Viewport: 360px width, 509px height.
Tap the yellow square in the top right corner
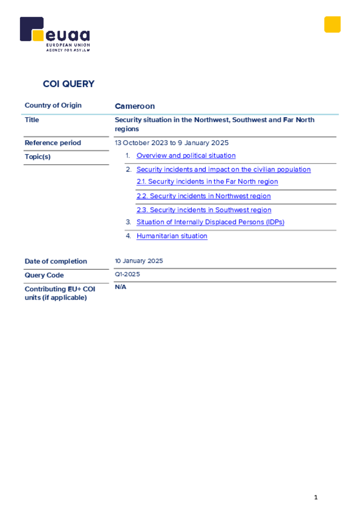pyautogui.click(x=332, y=24)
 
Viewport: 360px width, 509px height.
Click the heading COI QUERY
pyautogui.click(x=69, y=84)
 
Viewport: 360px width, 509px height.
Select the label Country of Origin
pyautogui.click(x=53, y=105)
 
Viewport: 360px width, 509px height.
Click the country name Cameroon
pyautogui.click(x=135, y=106)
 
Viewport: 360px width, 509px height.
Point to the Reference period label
pyautogui.click(x=53, y=143)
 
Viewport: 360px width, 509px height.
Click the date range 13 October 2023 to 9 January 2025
pyautogui.click(x=172, y=143)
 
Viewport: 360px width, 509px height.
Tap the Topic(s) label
pyautogui.click(x=38, y=157)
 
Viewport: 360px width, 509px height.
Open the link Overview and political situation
pyautogui.click(x=186, y=156)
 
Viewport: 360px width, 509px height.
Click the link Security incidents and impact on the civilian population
pyautogui.click(x=223, y=170)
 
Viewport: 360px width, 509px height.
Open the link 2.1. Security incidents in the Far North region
pyautogui.click(x=207, y=182)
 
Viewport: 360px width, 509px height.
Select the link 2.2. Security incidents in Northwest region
pyautogui.click(x=203, y=196)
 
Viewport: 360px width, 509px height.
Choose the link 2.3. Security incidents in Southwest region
pyautogui.click(x=203, y=210)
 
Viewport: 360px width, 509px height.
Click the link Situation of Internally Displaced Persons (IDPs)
pyautogui.click(x=210, y=222)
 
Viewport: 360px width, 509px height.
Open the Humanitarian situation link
pyautogui.click(x=172, y=236)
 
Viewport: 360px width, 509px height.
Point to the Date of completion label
pyautogui.click(x=56, y=261)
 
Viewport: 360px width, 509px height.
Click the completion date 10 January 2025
pyautogui.click(x=139, y=261)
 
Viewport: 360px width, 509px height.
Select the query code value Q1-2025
pyautogui.click(x=127, y=274)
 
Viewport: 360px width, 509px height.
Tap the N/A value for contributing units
pyautogui.click(x=120, y=287)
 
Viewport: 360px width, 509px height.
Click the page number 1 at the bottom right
pyautogui.click(x=316, y=497)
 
